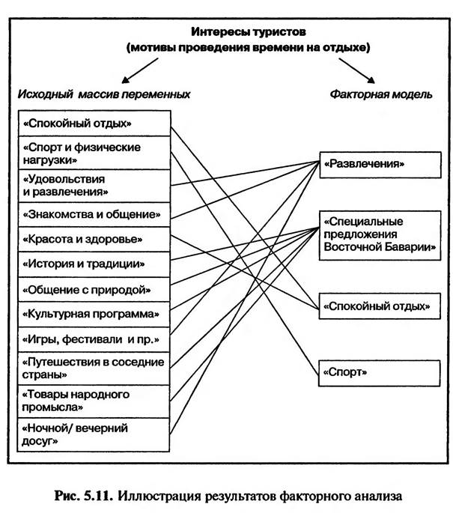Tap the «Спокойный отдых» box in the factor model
[x=378, y=306]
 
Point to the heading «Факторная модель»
[x=380, y=94]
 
